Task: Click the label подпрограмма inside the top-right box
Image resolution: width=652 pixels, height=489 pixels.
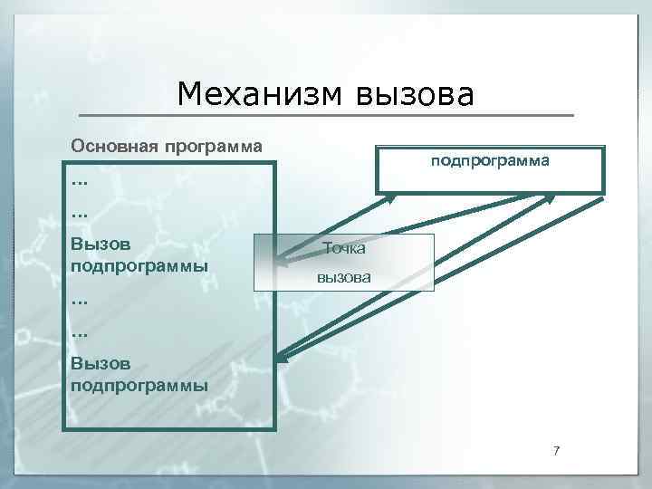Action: coord(489,160)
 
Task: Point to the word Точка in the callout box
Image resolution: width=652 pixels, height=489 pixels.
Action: coord(344,247)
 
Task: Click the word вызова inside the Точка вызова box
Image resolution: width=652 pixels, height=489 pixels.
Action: coord(343,277)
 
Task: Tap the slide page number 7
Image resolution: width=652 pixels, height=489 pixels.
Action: coord(557,452)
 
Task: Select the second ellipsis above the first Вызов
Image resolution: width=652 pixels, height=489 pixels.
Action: coord(79,214)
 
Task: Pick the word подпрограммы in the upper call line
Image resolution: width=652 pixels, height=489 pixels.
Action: coord(139,266)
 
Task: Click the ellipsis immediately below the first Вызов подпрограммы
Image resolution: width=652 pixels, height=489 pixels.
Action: coord(79,297)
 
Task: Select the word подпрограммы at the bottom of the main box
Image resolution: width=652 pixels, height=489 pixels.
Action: coord(139,385)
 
